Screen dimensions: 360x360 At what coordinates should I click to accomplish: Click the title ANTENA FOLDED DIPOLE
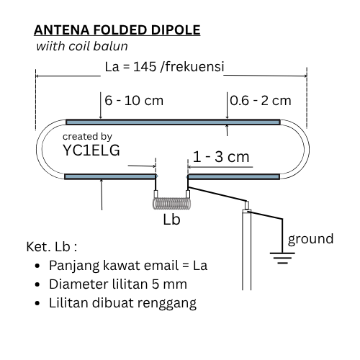(117, 30)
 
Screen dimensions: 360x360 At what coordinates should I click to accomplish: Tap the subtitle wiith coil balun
(82, 46)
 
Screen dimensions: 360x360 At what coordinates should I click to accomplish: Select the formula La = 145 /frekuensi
(164, 66)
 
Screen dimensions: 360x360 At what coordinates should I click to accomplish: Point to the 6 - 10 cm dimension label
(134, 100)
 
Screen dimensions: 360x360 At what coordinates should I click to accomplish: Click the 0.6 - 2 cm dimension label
(261, 100)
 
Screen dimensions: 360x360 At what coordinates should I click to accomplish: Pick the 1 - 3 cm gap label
(221, 157)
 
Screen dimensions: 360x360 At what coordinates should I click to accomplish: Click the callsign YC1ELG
(91, 150)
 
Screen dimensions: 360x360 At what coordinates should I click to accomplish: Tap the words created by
(87, 137)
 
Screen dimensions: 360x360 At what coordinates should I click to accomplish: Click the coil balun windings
(172, 204)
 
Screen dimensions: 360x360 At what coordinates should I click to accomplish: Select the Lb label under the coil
(171, 220)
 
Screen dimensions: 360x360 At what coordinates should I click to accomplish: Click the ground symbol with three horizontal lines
(282, 258)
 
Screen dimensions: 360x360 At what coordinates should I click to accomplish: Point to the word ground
(310, 239)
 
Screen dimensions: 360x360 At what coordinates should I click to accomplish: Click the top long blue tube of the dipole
(173, 122)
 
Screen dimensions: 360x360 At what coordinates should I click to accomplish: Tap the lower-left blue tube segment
(110, 177)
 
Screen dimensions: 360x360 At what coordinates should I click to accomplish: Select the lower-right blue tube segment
(234, 177)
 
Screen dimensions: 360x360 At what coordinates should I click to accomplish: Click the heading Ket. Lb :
(52, 247)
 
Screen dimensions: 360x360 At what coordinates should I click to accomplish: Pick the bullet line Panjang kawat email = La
(128, 266)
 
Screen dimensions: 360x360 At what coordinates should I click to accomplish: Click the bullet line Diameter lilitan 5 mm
(118, 284)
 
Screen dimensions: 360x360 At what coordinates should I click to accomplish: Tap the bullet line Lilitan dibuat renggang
(122, 303)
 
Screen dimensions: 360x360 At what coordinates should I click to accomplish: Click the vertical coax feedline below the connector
(246, 250)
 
